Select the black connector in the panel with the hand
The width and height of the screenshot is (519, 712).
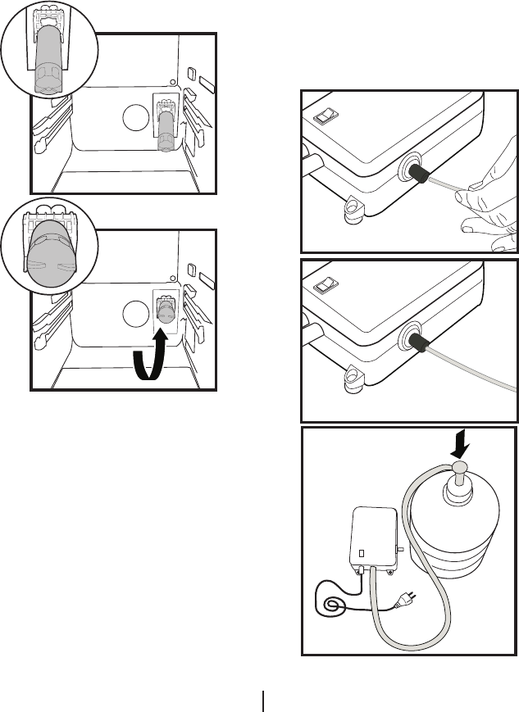420,175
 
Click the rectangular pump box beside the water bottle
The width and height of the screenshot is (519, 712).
373,541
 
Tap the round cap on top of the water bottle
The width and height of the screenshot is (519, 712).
458,469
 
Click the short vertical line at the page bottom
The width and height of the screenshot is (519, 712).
263,700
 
